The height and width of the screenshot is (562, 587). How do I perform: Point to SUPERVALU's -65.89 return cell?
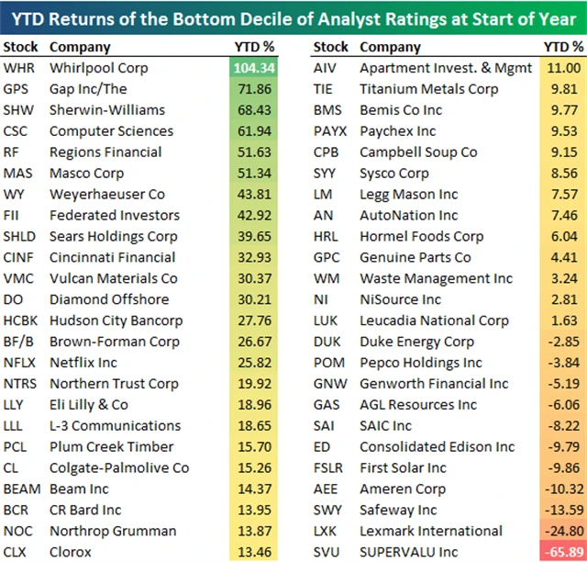(559, 552)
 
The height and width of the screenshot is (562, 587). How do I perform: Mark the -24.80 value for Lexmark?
(560, 531)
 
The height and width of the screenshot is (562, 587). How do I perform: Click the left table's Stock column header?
(21, 47)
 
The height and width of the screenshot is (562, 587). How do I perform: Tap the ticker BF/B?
(20, 342)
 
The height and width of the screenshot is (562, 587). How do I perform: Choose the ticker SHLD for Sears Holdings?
(21, 236)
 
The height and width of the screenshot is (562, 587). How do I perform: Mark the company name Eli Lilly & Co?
(89, 405)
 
